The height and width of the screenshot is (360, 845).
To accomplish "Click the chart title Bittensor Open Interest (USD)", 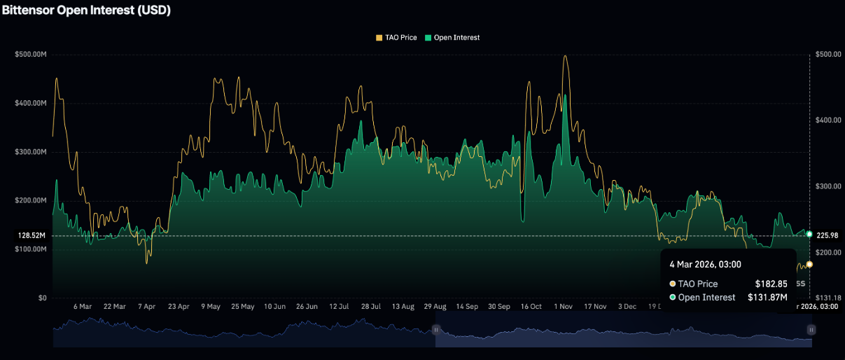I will point(86,11).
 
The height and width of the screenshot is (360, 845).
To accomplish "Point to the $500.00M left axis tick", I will point(30,54).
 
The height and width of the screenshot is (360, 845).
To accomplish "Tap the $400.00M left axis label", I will point(30,103).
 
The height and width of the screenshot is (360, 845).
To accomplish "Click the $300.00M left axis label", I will point(30,152).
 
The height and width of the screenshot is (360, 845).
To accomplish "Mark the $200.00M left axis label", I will point(30,200).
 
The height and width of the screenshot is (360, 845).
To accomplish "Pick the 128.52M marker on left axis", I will point(32,236).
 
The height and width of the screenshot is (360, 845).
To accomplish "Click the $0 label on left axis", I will point(43,298).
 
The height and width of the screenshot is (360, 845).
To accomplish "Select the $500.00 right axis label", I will point(828,54).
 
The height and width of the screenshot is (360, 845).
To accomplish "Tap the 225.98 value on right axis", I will point(829,235).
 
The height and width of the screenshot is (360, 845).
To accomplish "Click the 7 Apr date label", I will point(146,307).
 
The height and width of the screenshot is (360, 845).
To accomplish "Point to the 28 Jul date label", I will point(370,307).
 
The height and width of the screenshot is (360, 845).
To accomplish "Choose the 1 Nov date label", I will point(564,307).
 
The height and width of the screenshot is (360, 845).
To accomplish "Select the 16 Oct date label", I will point(531,307).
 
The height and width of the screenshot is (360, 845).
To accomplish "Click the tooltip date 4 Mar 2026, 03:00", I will point(705,264).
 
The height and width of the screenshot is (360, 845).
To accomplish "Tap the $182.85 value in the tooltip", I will point(771,284).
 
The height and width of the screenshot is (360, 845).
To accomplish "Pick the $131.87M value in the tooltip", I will point(767,298).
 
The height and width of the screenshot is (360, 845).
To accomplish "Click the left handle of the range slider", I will point(435,329).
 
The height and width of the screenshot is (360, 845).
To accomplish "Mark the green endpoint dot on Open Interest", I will point(809,233).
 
